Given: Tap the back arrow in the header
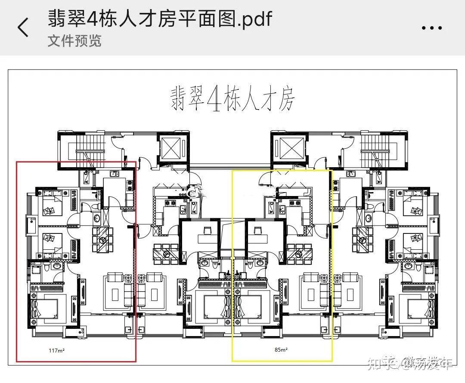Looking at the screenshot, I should (x=23, y=27).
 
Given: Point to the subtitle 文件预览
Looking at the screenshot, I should (x=74, y=41).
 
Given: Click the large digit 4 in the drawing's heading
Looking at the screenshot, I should (x=214, y=99).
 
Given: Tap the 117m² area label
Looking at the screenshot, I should (x=56, y=351).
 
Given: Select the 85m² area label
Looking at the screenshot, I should (x=281, y=350).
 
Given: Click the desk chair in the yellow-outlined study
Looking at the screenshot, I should (x=258, y=230).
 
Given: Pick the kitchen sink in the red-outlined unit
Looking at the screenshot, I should (x=115, y=174).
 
